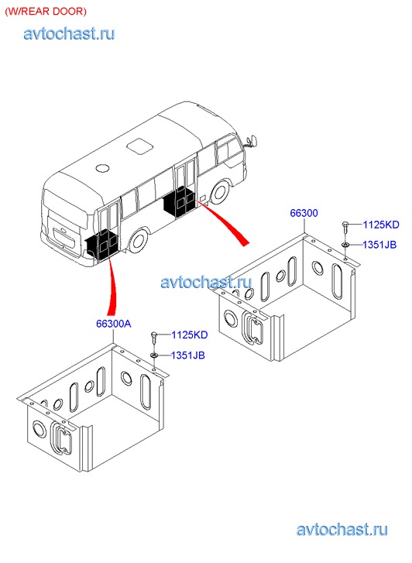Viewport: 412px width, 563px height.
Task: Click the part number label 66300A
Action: (114, 324)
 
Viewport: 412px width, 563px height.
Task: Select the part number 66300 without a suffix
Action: (304, 213)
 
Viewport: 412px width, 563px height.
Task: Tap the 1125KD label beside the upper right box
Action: (381, 225)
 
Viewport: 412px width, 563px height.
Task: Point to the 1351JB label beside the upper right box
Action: (379, 245)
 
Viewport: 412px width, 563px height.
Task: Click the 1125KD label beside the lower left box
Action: (190, 335)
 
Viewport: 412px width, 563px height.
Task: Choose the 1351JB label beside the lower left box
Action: (188, 355)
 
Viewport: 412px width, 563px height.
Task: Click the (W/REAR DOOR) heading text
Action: (46, 11)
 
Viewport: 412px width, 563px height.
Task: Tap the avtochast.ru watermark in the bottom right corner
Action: (342, 530)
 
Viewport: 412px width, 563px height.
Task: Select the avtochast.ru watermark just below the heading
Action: (69, 33)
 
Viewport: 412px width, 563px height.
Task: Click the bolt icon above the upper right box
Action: (345, 227)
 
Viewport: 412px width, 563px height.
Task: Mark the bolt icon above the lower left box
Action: (154, 338)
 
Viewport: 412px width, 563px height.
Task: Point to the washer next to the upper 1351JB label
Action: (345, 245)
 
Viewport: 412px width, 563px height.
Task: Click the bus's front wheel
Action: (220, 192)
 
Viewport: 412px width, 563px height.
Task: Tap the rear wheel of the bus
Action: (138, 242)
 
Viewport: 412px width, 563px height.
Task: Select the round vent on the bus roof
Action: (103, 167)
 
